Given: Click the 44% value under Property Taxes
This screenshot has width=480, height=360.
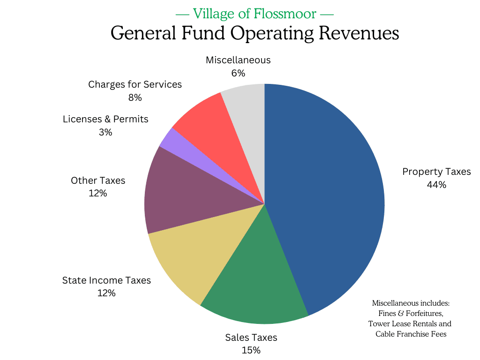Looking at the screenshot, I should [x=436, y=185].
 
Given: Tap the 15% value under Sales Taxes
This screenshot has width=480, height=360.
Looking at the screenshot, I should [x=251, y=350].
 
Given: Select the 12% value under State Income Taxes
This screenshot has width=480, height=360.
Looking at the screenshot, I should [x=106, y=293].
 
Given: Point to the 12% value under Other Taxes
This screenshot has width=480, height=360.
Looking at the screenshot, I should [x=98, y=193].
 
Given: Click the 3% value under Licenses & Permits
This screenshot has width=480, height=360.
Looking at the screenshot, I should [x=105, y=132].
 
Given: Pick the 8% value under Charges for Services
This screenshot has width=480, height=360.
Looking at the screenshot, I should [x=135, y=97].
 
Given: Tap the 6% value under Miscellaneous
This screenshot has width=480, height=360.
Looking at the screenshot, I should [x=238, y=73].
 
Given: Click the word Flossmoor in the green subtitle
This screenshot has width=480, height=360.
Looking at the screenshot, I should [x=285, y=14].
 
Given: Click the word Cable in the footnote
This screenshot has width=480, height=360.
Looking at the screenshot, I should [x=386, y=334].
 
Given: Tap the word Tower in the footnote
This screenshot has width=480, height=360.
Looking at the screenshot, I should [x=379, y=323].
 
